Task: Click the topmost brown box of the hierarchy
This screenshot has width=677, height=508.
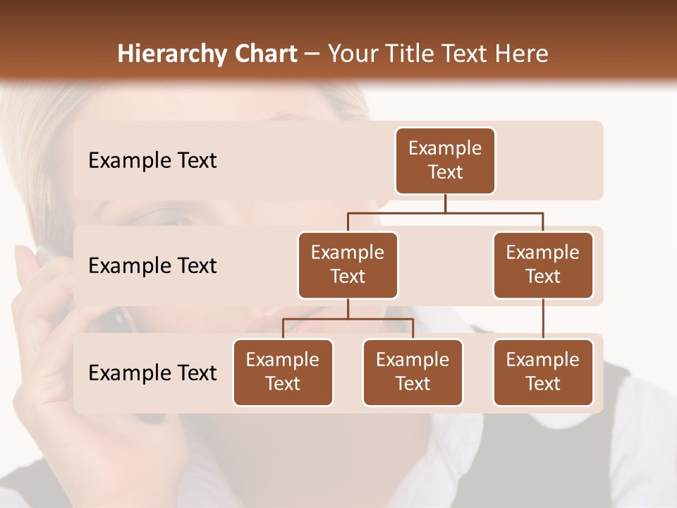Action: tap(445, 161)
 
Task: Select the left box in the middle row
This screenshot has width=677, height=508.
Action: tap(348, 265)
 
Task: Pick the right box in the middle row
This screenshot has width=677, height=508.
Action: tap(543, 265)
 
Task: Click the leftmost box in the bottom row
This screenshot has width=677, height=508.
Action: tap(283, 373)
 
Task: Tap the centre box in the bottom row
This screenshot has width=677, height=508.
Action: tap(413, 373)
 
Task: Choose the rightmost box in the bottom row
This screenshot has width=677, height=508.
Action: tap(543, 373)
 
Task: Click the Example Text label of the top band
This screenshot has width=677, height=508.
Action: tap(152, 161)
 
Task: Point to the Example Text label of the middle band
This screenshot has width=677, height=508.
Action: tap(152, 266)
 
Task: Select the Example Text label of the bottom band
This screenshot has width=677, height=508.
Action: tap(152, 373)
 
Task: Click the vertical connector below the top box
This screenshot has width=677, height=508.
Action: tap(445, 203)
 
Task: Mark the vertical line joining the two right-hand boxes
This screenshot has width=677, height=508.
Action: tap(543, 319)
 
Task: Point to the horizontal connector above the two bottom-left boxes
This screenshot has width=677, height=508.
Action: tap(348, 319)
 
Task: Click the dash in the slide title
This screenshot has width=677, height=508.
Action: tap(312, 55)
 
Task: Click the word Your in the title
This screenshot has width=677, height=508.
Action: tap(351, 54)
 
